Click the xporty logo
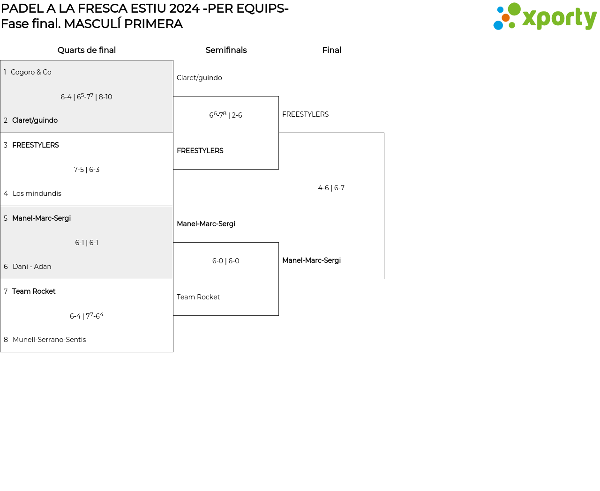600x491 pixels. pos(545,17)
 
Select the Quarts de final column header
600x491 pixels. pos(87,50)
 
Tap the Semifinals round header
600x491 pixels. pos(226,50)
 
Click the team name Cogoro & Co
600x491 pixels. pos(31,72)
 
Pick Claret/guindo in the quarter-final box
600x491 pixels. pos(35,120)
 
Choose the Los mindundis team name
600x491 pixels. pos(37,193)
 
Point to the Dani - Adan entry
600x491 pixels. pos(32,267)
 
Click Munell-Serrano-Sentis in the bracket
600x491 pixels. pos(49,340)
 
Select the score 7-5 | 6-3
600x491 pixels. pos(87,170)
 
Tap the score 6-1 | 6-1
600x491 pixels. pos(87,243)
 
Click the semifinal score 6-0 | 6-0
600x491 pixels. pos(226,261)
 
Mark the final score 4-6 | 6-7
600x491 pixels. pos(331,188)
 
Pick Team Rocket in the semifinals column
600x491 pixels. pos(198,297)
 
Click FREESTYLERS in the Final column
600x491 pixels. pos(306,114)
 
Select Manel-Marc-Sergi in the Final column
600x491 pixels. pos(312,260)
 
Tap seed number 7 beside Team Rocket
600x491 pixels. pos(6,291)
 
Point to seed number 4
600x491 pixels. pos(6,193)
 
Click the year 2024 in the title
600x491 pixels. pos(184,8)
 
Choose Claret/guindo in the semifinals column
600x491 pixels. pos(199,78)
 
